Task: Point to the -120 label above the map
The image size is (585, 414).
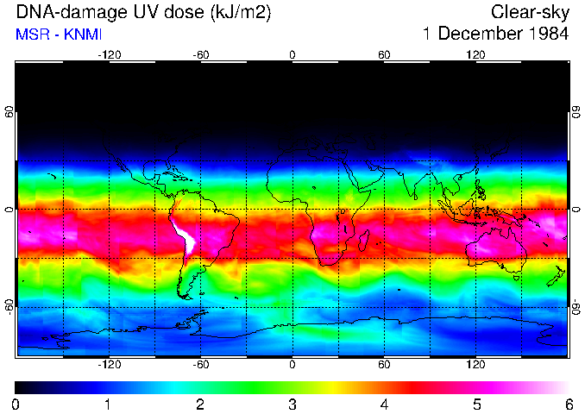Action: pos(109,55)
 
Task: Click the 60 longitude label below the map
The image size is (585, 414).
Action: pos(384,365)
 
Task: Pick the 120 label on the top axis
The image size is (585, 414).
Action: pos(475,55)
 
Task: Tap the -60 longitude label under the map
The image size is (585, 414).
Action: pos(200,365)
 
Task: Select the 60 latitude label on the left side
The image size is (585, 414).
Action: pos(9,112)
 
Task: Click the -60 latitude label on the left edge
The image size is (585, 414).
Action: pos(9,306)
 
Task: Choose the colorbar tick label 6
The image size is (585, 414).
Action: pos(568,404)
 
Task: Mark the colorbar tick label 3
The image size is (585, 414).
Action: pos(292,404)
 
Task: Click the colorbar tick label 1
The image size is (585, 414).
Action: pos(108,404)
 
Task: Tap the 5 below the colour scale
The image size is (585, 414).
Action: pos(475,404)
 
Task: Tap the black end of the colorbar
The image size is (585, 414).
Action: pos(21,387)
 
